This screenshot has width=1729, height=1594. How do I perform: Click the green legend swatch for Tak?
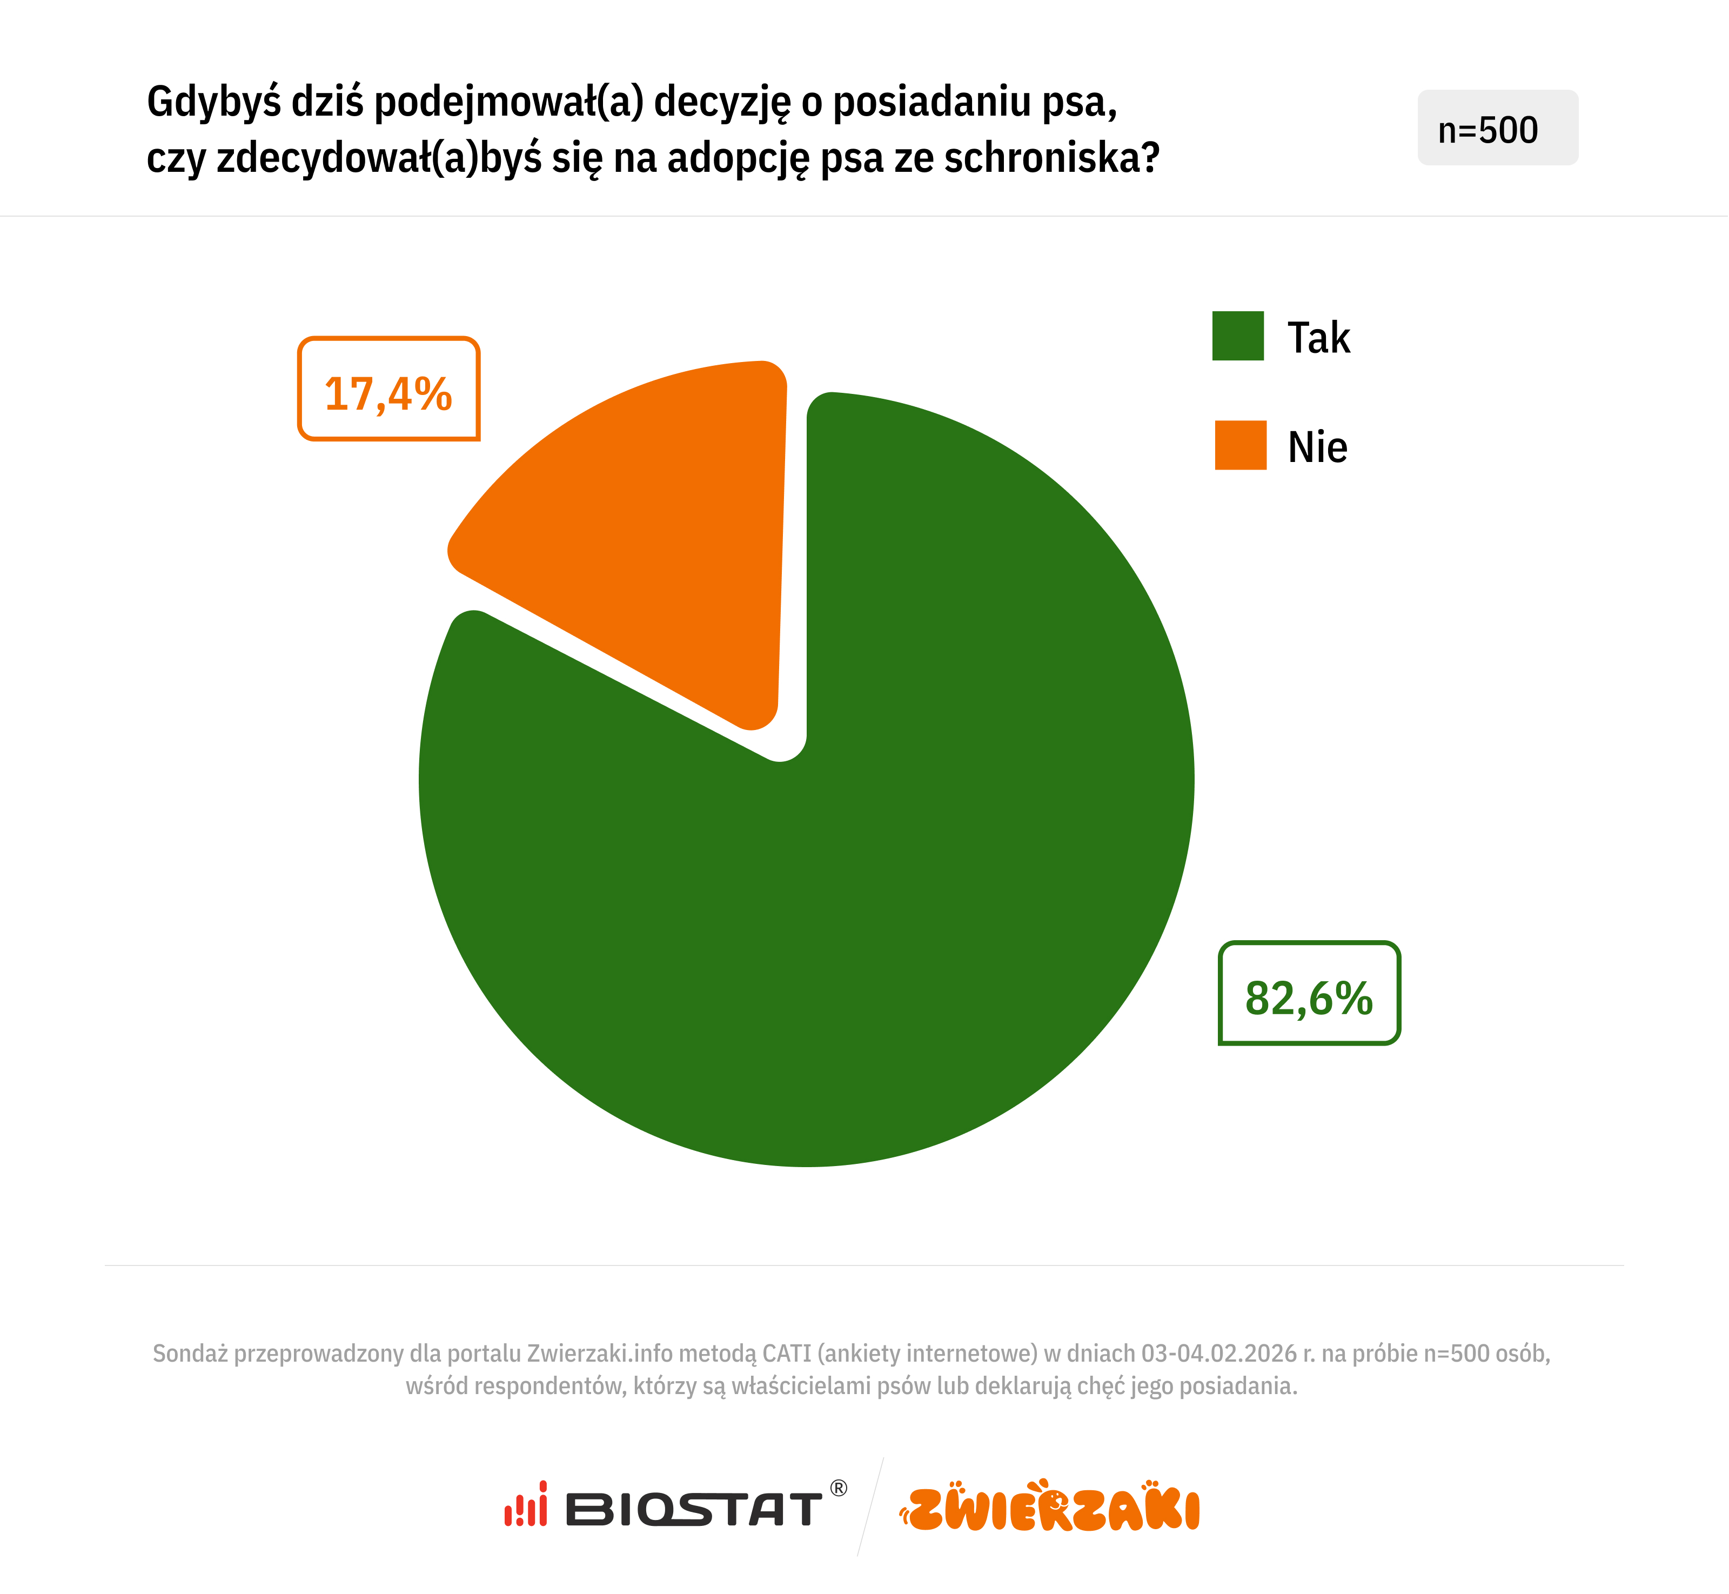pos(1237,336)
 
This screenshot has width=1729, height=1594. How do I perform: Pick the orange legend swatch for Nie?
pos(1240,445)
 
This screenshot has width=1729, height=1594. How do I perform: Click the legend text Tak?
pos(1318,337)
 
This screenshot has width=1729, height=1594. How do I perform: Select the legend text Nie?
pos(1317,447)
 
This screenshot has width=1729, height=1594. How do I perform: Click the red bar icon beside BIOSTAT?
pos(526,1505)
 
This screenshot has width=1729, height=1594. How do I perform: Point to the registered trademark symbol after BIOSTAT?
pos(838,1488)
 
